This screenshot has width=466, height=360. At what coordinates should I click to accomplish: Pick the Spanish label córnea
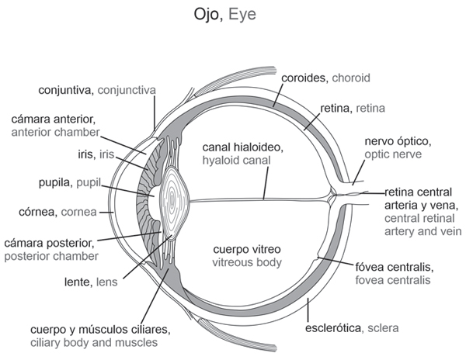click(x=43, y=211)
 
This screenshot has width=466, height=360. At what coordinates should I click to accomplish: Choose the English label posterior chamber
click(x=60, y=255)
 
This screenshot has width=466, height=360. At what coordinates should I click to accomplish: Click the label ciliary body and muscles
click(x=94, y=341)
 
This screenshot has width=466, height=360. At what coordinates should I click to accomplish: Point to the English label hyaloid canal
click(x=235, y=161)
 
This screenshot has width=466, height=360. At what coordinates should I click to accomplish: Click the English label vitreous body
click(x=247, y=262)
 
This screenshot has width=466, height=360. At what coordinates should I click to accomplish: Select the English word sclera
click(x=384, y=328)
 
